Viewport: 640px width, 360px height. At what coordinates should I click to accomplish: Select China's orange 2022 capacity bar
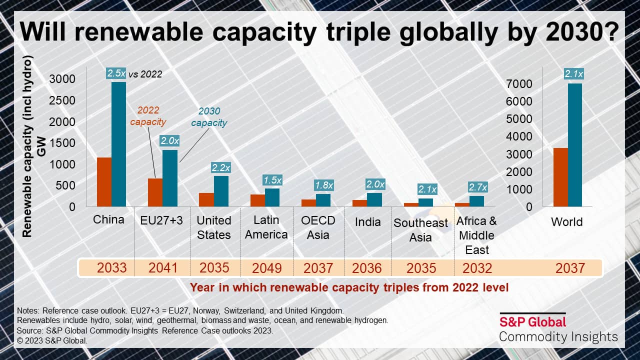pyautogui.click(x=104, y=182)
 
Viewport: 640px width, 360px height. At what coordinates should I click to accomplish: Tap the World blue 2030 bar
pyautogui.click(x=575, y=145)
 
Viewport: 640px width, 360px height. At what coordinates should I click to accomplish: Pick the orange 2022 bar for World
pyautogui.click(x=560, y=177)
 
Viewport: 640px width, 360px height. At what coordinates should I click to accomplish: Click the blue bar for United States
pyautogui.click(x=221, y=191)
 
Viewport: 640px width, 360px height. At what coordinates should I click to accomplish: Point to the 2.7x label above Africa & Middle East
pyautogui.click(x=477, y=187)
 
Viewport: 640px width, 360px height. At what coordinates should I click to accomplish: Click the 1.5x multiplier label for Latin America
pyautogui.click(x=272, y=180)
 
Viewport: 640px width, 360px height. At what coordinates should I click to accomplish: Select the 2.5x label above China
pyautogui.click(x=116, y=73)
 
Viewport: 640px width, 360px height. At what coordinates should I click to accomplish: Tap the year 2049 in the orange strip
pyautogui.click(x=266, y=268)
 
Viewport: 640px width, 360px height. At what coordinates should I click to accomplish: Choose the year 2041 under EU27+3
pyautogui.click(x=163, y=268)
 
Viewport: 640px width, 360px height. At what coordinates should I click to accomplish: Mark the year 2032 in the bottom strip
pyautogui.click(x=477, y=268)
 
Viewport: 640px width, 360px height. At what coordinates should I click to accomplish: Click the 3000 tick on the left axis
pyautogui.click(x=62, y=79)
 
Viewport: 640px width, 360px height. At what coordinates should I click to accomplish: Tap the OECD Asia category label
pyautogui.click(x=318, y=227)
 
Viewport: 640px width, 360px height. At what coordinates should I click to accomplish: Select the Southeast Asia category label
pyautogui.click(x=421, y=230)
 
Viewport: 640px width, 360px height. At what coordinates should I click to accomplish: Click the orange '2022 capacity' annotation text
pyautogui.click(x=148, y=116)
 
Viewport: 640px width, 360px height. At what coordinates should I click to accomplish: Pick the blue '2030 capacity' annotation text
pyautogui.click(x=209, y=117)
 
